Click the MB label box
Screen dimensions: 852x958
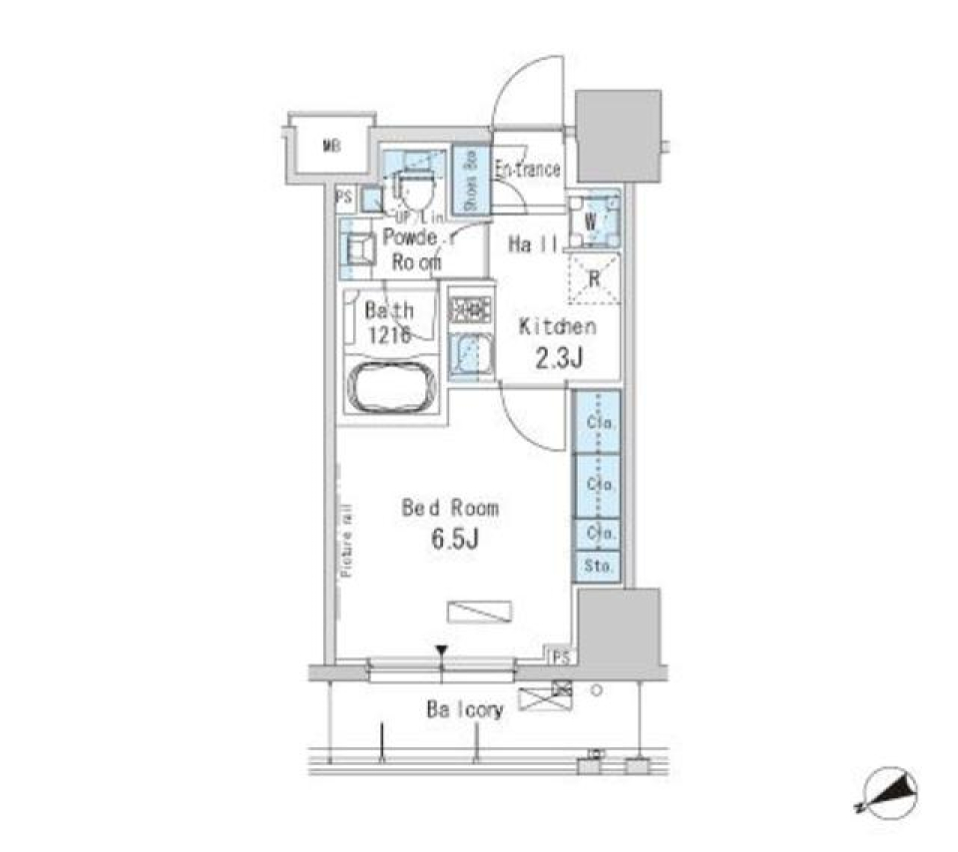tap(330, 148)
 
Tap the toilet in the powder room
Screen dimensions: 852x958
tap(413, 186)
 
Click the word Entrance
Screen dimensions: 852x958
tap(527, 170)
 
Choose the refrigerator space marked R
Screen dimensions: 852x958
tap(594, 278)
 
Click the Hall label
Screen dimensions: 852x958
tap(532, 243)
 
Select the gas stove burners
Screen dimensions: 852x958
tap(469, 309)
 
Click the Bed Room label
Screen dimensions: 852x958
tap(449, 508)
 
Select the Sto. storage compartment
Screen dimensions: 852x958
tap(597, 566)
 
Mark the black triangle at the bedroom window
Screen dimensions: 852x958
tap(440, 652)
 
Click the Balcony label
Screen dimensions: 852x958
tap(465, 710)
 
